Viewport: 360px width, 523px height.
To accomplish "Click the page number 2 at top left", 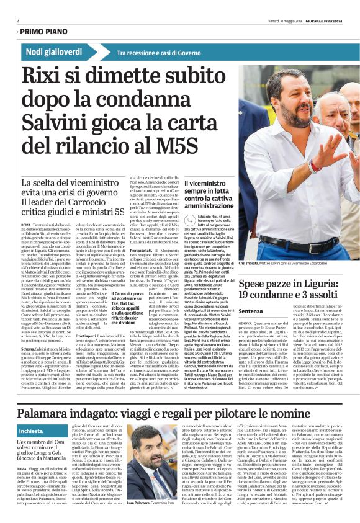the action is (17, 20).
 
